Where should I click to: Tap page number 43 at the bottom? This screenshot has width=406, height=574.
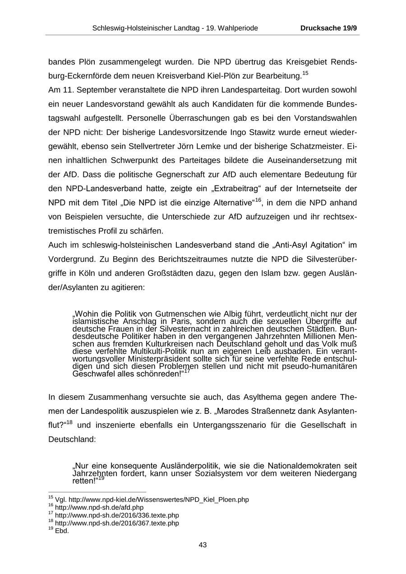203,545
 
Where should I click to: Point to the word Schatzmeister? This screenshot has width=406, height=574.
313,147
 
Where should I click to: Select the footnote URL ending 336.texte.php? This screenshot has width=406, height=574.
117,515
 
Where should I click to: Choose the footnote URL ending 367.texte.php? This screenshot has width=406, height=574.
117,523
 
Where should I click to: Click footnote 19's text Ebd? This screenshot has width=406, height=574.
62,531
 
